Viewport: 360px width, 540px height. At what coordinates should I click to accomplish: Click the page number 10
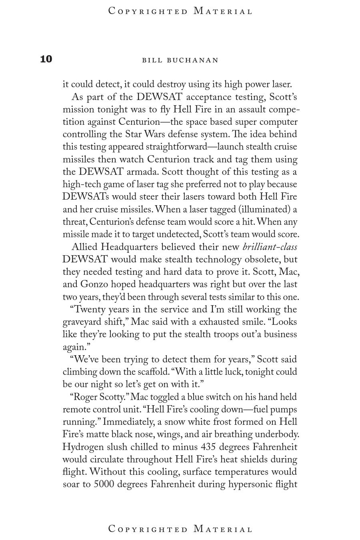(46, 59)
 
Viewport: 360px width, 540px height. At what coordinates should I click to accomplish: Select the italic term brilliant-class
(270, 247)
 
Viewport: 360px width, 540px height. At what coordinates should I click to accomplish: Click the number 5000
(104, 484)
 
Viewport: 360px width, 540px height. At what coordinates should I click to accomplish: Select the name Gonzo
(94, 284)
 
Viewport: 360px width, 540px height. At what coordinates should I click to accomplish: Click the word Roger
(85, 397)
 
